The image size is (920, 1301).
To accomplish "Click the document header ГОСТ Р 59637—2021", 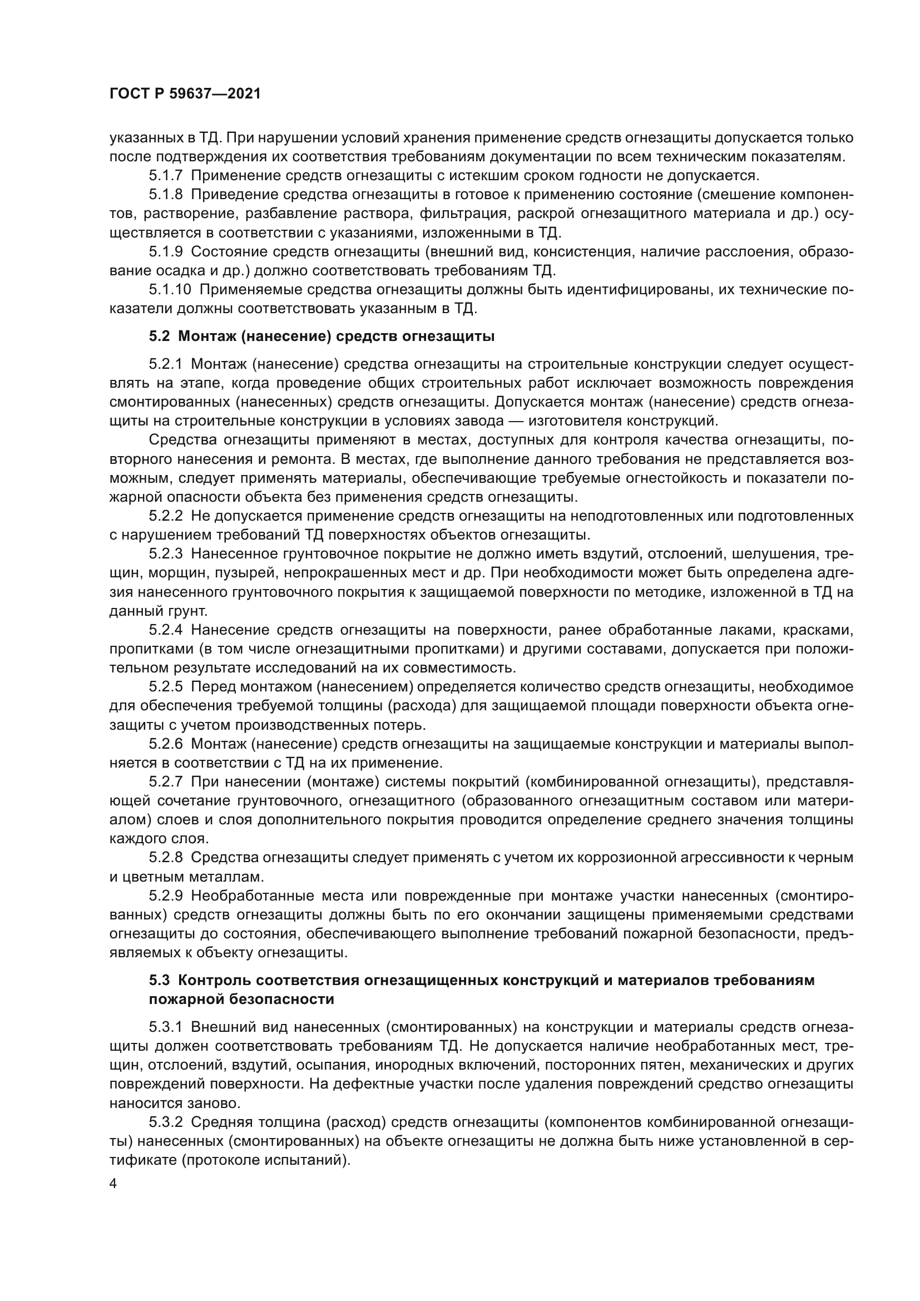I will click(x=185, y=94).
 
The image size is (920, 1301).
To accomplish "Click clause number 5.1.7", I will click(x=165, y=176).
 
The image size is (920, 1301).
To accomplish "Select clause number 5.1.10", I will click(x=170, y=290).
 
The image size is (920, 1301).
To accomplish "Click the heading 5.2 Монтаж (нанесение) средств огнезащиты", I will click(x=321, y=337).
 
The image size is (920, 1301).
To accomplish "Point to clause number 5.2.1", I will click(x=165, y=364).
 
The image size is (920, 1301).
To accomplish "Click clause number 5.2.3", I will click(x=165, y=553).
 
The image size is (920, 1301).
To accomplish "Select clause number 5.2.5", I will click(x=165, y=687).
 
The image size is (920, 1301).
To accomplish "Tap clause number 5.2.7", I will click(x=165, y=783).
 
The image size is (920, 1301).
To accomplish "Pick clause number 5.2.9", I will click(x=165, y=897).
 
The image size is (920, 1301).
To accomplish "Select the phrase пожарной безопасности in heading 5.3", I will click(x=241, y=1000).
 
